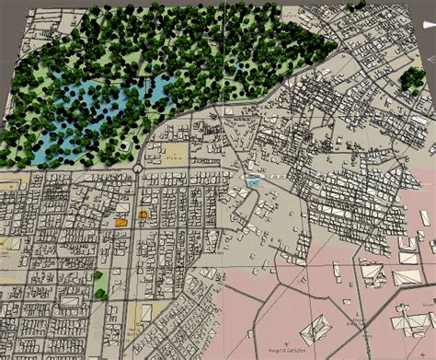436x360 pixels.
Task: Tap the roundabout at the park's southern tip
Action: point(136,169)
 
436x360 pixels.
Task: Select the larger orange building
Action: point(120,222)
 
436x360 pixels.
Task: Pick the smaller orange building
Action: point(143,215)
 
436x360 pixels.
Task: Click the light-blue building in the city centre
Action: point(254,182)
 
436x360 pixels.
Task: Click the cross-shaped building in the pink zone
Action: point(372,274)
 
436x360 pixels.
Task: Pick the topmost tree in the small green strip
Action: point(98,274)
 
